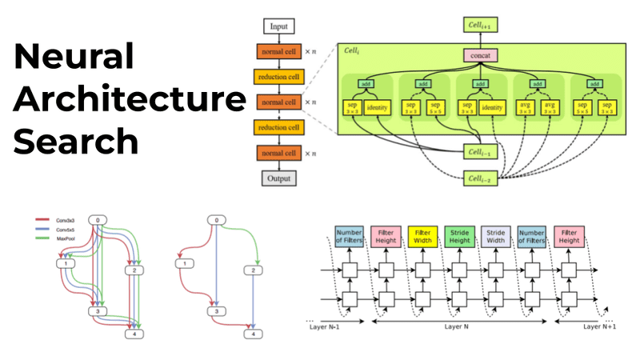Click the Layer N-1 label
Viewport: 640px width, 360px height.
(330, 326)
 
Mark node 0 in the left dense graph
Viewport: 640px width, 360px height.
(98, 220)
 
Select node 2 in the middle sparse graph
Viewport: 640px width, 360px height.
(254, 271)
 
